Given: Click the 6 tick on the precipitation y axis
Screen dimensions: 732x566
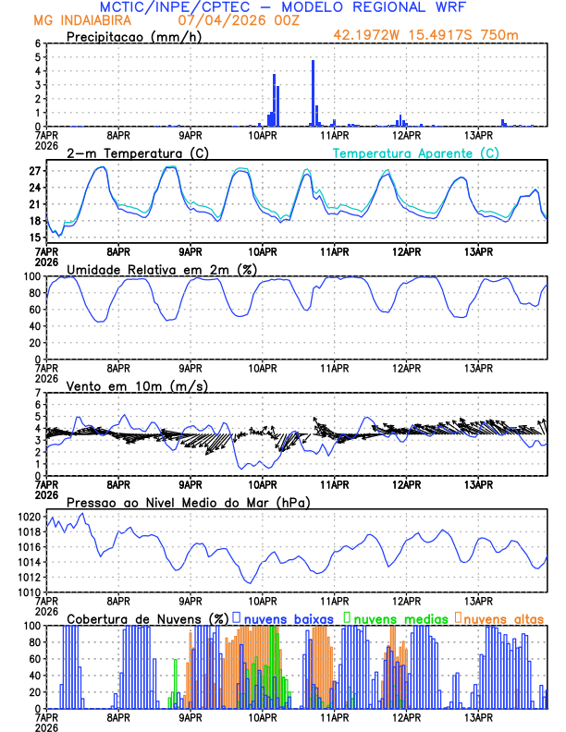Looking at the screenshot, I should (39, 43).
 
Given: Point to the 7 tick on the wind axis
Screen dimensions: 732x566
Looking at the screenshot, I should (39, 393).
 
